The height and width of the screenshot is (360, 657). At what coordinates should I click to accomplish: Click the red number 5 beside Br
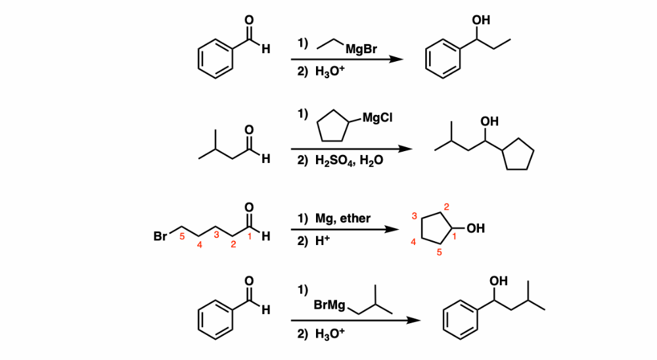[182, 237]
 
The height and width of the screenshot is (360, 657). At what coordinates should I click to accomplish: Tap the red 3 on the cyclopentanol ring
[415, 215]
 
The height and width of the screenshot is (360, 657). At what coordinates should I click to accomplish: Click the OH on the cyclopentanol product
[476, 229]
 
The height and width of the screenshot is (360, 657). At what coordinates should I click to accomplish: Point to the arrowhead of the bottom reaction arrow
[414, 321]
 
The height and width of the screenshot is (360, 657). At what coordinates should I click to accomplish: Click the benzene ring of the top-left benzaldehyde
[214, 58]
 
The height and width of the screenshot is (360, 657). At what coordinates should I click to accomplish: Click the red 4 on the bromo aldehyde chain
[200, 245]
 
